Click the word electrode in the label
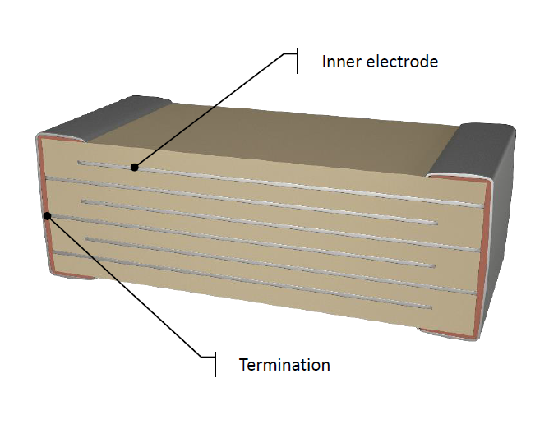402,62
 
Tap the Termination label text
284,365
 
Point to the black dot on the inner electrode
135,168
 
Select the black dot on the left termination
48,215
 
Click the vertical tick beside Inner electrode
298,62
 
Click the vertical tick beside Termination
215,364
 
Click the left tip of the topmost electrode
79,162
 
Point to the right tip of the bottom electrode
431,308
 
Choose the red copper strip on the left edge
45,206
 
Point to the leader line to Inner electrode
209,111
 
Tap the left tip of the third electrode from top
83,201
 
